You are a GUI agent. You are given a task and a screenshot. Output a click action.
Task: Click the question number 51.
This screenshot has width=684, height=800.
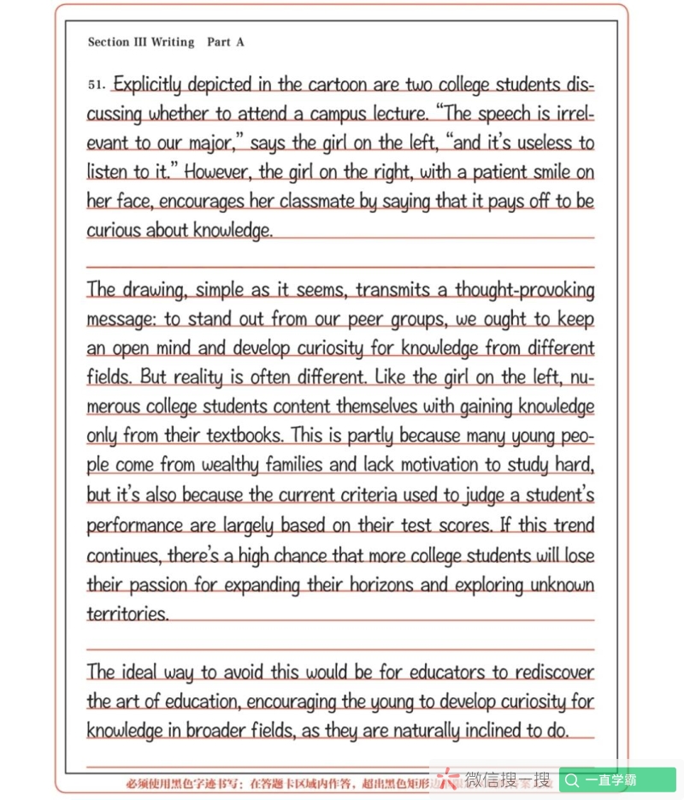[96, 86]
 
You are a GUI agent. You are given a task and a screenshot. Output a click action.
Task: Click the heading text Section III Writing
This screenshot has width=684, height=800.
[141, 42]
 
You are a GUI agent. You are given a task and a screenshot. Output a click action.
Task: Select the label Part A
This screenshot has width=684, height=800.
[226, 42]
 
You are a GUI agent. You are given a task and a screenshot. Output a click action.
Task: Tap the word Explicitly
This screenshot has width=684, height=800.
[147, 85]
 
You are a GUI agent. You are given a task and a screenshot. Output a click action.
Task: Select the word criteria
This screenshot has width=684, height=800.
[363, 495]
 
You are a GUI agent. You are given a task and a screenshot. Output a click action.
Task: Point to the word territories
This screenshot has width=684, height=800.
[127, 614]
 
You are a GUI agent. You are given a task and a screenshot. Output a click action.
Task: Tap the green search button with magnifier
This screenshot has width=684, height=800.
[617, 780]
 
